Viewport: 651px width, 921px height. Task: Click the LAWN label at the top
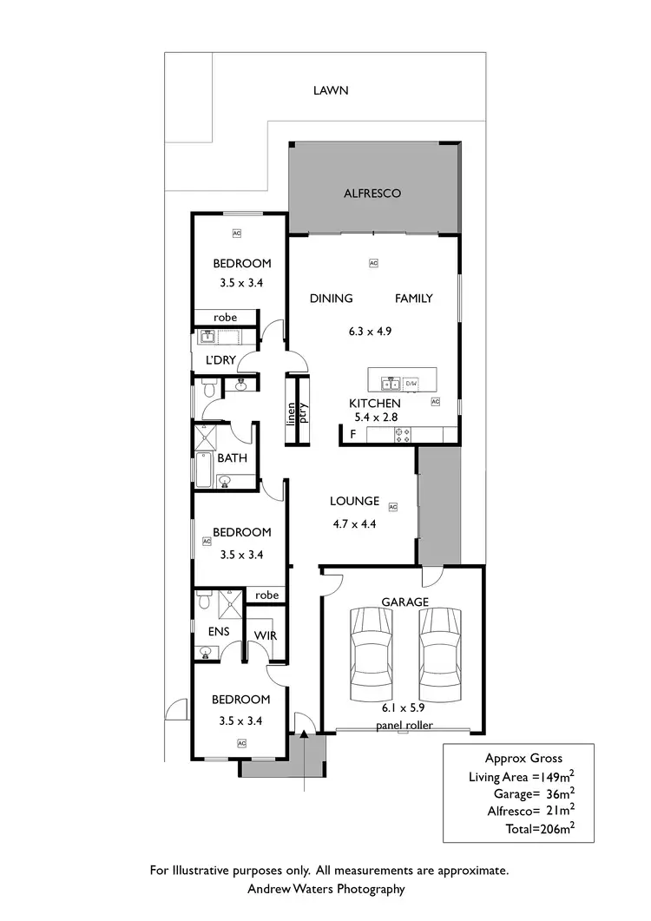pos(331,89)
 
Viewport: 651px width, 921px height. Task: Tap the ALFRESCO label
pos(372,194)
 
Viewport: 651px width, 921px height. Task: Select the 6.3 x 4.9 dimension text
pos(372,331)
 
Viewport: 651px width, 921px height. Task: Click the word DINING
pos(332,299)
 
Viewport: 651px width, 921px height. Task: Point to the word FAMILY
pos(414,299)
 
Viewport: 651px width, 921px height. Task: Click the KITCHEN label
pos(374,404)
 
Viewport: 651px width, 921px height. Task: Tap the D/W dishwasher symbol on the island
pos(411,383)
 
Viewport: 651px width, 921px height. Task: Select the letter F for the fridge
pos(352,433)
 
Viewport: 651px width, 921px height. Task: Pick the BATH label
pos(232,457)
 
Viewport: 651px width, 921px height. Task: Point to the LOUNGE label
pos(354,501)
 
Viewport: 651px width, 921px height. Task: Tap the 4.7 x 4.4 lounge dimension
pos(354,523)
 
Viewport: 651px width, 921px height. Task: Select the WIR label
pos(265,635)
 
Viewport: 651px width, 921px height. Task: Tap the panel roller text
pos(404,725)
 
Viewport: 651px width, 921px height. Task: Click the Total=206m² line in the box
pos(538,829)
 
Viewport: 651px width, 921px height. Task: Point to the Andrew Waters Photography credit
pos(326,889)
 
